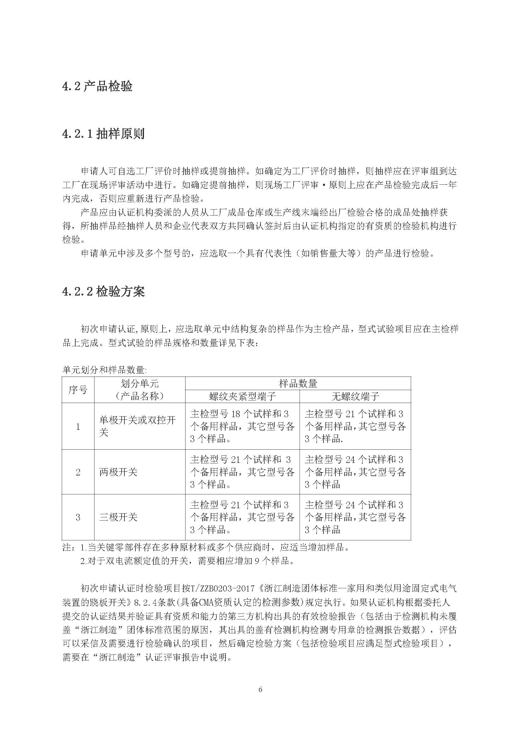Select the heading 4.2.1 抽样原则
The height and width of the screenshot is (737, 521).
pyautogui.click(x=103, y=134)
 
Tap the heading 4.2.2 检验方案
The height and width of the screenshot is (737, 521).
pyautogui.click(x=103, y=291)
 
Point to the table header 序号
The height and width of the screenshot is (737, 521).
pyautogui.click(x=78, y=390)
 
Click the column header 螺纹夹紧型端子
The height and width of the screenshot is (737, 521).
pyautogui.click(x=242, y=397)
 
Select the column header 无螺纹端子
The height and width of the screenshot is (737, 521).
pyautogui.click(x=355, y=397)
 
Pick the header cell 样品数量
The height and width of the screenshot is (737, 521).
pyautogui.click(x=298, y=383)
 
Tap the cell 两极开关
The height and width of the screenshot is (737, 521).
pyautogui.click(x=118, y=472)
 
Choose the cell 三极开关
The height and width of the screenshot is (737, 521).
pyautogui.click(x=118, y=517)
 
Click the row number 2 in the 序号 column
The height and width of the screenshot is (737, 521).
pyautogui.click(x=78, y=472)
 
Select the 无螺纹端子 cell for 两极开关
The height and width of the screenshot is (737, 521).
pyautogui.click(x=355, y=472)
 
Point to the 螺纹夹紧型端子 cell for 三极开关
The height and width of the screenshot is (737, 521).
pyautogui.click(x=242, y=517)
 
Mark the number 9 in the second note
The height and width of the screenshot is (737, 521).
pyautogui.click(x=257, y=561)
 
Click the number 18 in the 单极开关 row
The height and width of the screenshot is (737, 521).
pyautogui.click(x=236, y=414)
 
